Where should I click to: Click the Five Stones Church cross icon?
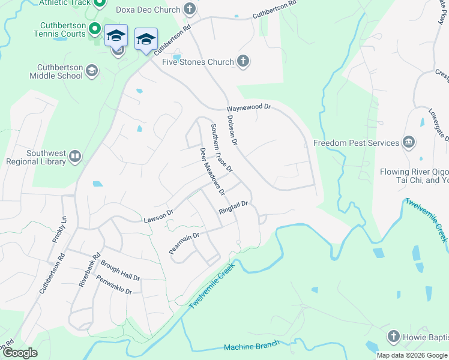(x=243, y=61)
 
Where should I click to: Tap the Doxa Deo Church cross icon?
(x=190, y=9)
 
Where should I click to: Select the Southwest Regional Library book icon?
(x=75, y=156)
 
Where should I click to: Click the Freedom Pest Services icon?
(x=409, y=142)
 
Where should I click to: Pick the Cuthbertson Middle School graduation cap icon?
(x=92, y=71)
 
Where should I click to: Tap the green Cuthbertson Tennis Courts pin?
(x=94, y=29)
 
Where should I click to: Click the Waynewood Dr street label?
(x=249, y=108)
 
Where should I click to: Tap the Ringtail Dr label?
(x=234, y=208)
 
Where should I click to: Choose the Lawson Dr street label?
(x=158, y=217)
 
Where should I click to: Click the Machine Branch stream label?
(x=252, y=346)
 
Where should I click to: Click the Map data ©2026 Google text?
(x=411, y=355)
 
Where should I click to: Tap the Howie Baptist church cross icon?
(x=394, y=336)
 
